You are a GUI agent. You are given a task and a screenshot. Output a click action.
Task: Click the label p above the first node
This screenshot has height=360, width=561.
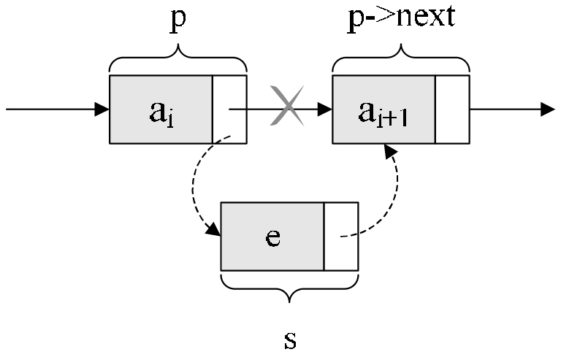click(178, 22)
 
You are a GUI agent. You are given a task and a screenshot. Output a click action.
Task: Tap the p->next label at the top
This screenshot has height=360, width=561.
click(400, 16)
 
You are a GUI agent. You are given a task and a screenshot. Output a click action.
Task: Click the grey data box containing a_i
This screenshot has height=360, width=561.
click(161, 110)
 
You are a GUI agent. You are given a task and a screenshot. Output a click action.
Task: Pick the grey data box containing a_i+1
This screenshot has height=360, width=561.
click(383, 110)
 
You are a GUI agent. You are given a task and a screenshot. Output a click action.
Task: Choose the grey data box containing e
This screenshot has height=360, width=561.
click(272, 236)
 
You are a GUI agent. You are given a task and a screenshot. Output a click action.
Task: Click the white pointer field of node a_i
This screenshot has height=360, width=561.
click(229, 110)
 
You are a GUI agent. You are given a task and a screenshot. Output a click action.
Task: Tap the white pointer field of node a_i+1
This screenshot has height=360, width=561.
click(452, 110)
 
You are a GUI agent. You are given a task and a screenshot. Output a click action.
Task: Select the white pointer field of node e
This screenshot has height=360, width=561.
click(341, 236)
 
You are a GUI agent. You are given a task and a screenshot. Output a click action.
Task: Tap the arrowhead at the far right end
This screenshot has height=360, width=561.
click(548, 110)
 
